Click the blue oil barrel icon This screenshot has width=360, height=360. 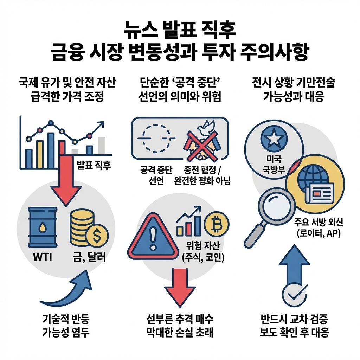pyautogui.click(x=42, y=227)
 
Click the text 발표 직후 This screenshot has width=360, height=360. pyautogui.click(x=94, y=165)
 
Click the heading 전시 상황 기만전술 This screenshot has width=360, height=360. pyautogui.click(x=294, y=83)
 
